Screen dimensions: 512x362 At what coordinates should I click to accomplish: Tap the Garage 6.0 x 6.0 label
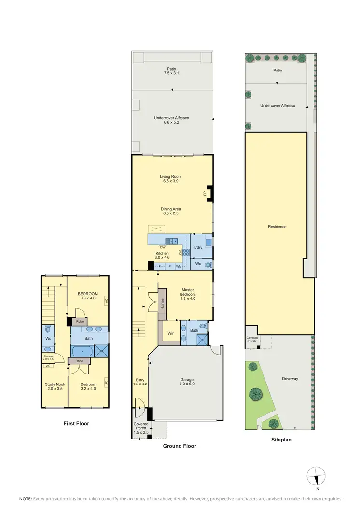point(186,382)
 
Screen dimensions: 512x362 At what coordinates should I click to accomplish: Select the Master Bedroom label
point(188,292)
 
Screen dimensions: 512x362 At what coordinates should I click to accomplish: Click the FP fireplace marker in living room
point(205,193)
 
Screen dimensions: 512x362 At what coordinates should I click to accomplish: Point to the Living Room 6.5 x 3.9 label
point(172,179)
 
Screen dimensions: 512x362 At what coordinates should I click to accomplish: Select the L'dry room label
point(198,248)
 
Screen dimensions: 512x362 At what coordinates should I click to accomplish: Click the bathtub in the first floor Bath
point(82,350)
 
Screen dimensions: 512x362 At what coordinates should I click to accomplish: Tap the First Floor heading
point(76,424)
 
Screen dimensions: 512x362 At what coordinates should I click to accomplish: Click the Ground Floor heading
point(179,446)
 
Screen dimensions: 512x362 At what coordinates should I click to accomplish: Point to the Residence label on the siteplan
point(278,227)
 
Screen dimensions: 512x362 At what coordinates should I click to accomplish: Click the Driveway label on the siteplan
point(290,379)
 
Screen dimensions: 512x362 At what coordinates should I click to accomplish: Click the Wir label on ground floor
point(170,333)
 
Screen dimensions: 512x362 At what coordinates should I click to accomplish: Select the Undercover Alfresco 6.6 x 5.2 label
point(172,121)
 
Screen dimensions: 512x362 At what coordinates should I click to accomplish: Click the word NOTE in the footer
point(25,498)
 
